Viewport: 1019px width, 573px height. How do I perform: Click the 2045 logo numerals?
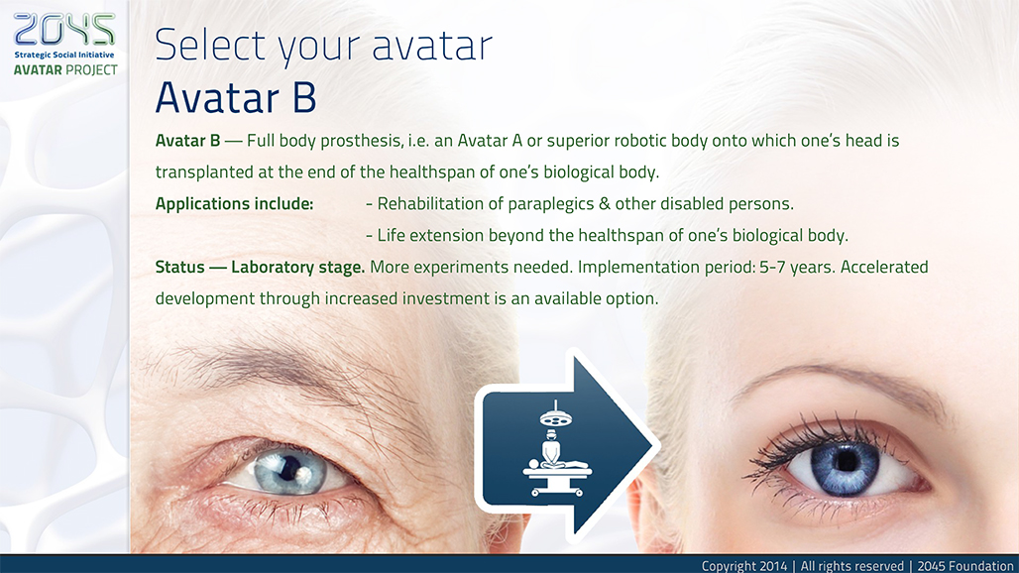click(x=63, y=30)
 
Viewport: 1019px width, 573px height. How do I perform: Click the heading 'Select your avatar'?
click(x=323, y=46)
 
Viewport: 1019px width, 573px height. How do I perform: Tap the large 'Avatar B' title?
click(x=236, y=97)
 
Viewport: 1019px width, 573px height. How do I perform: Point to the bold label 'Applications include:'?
click(x=234, y=204)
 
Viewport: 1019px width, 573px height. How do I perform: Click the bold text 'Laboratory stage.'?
click(x=297, y=267)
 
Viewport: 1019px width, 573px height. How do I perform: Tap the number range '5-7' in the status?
click(x=772, y=267)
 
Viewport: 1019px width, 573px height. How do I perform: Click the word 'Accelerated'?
click(x=884, y=267)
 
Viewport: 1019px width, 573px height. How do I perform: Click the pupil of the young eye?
click(x=846, y=461)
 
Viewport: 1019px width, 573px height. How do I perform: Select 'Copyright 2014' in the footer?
click(x=744, y=566)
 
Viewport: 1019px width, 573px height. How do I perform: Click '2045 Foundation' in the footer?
click(x=965, y=566)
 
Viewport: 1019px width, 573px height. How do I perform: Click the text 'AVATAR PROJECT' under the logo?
click(x=65, y=69)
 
